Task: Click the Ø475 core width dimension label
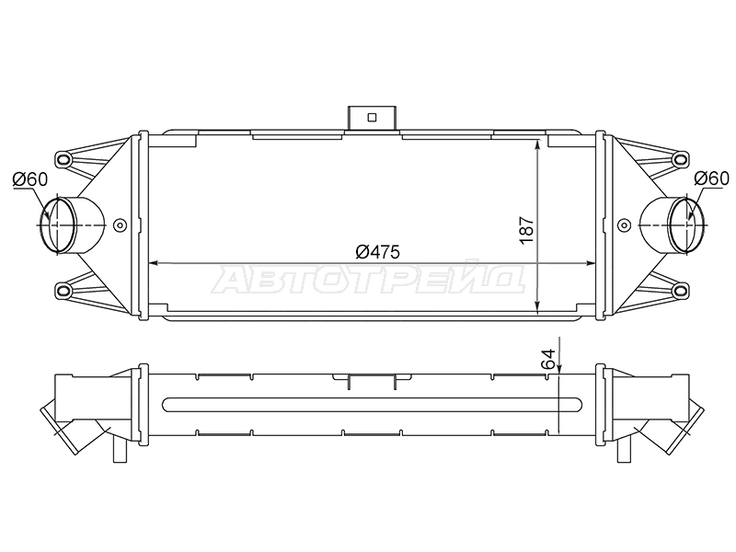coord(377,252)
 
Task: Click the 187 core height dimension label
coord(527,229)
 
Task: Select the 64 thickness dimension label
coord(548,359)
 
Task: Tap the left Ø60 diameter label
coord(30,178)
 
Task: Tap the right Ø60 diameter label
coord(712,178)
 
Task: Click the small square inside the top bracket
coord(373,118)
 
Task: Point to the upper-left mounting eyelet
coord(63,159)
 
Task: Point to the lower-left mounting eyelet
coord(63,290)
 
